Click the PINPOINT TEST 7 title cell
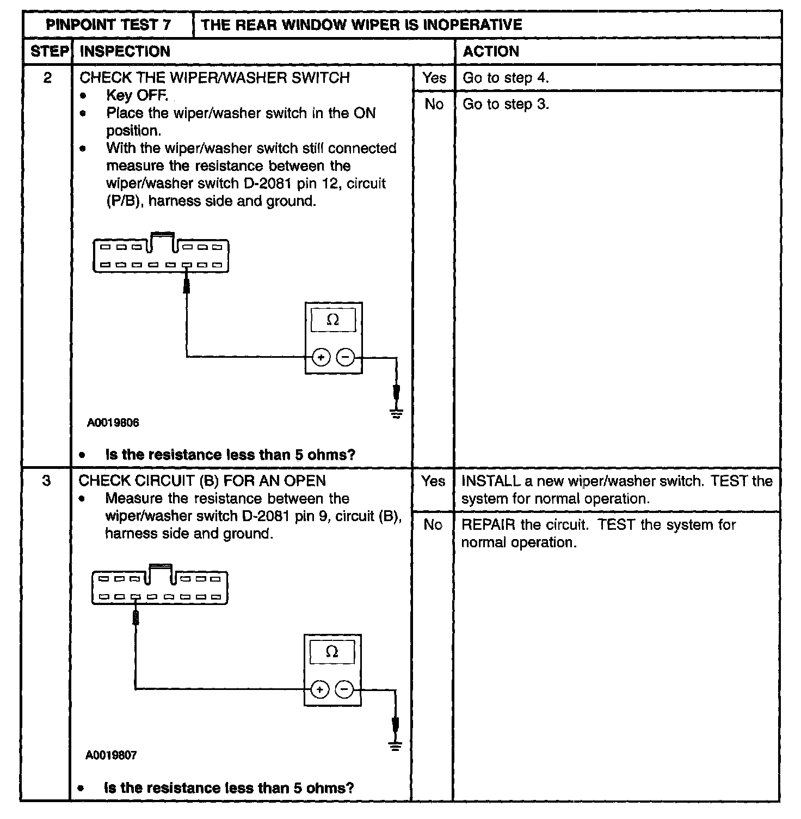click(108, 25)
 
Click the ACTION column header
click(491, 51)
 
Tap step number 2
click(47, 78)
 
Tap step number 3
click(47, 481)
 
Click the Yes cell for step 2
click(434, 78)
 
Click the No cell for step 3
click(433, 524)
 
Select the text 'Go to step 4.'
click(506, 78)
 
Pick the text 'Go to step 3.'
click(506, 104)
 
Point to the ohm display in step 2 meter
click(332, 320)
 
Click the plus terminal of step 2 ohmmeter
click(321, 357)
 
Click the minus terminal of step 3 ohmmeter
click(344, 689)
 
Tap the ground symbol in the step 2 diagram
click(397, 414)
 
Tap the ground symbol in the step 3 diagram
click(396, 745)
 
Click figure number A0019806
click(113, 423)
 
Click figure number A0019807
click(111, 755)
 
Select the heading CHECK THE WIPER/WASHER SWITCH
click(214, 78)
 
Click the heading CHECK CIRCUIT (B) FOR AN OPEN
click(202, 481)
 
